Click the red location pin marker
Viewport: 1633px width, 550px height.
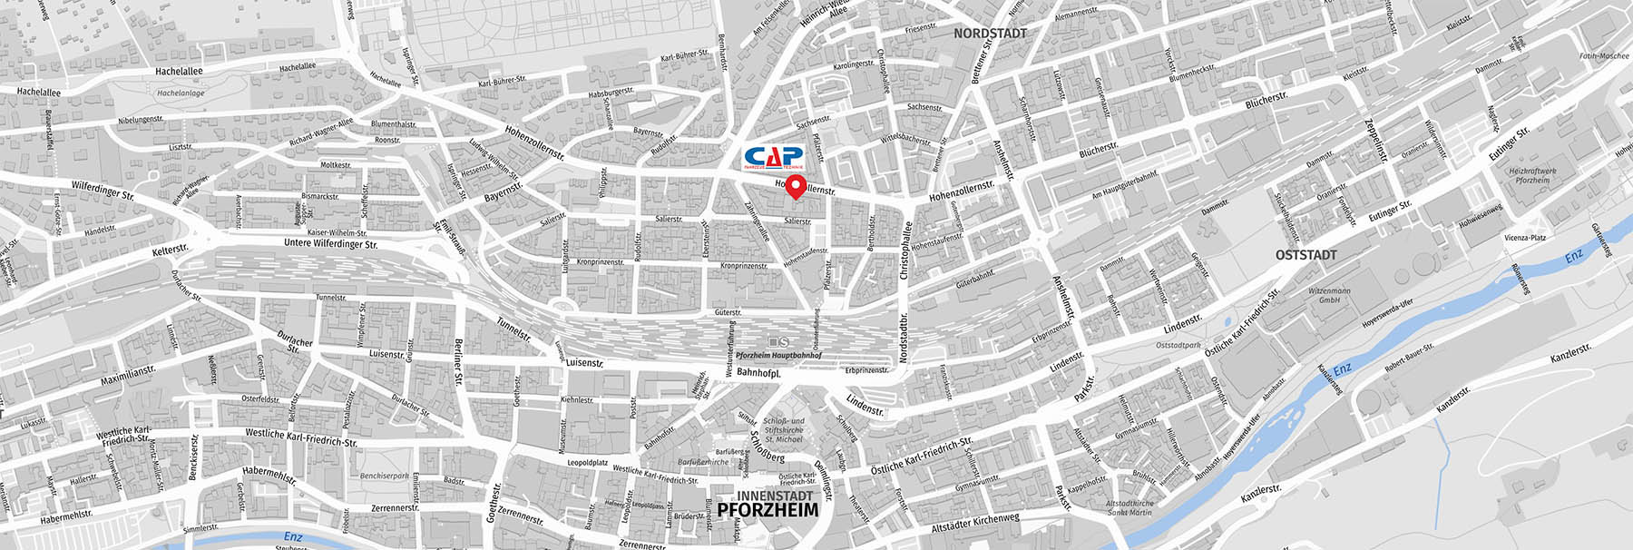pyautogui.click(x=796, y=188)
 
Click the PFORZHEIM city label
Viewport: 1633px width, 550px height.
pyautogui.click(x=768, y=510)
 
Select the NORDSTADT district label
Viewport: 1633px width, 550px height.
pyautogui.click(x=990, y=33)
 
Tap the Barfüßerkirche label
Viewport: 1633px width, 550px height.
pyautogui.click(x=702, y=462)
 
